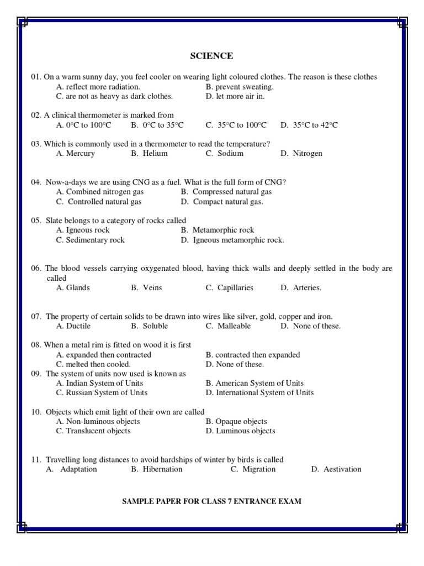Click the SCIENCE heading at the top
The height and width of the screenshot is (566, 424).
click(x=211, y=56)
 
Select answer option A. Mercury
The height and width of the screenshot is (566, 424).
click(x=76, y=154)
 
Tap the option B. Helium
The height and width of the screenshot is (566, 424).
click(x=149, y=154)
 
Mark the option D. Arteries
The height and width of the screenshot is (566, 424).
click(x=300, y=288)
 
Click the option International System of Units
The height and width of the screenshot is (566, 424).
click(x=259, y=393)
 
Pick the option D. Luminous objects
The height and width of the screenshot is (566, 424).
click(x=240, y=431)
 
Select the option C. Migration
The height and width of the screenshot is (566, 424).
click(x=253, y=469)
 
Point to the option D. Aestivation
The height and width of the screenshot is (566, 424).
click(x=336, y=469)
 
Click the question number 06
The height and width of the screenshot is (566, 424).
click(x=36, y=269)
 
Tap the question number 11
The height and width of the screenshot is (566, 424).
click(x=36, y=460)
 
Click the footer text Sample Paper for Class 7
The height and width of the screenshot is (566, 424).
click(x=211, y=501)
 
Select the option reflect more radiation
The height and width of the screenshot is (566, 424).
click(x=98, y=87)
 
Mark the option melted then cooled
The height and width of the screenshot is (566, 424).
click(x=93, y=364)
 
